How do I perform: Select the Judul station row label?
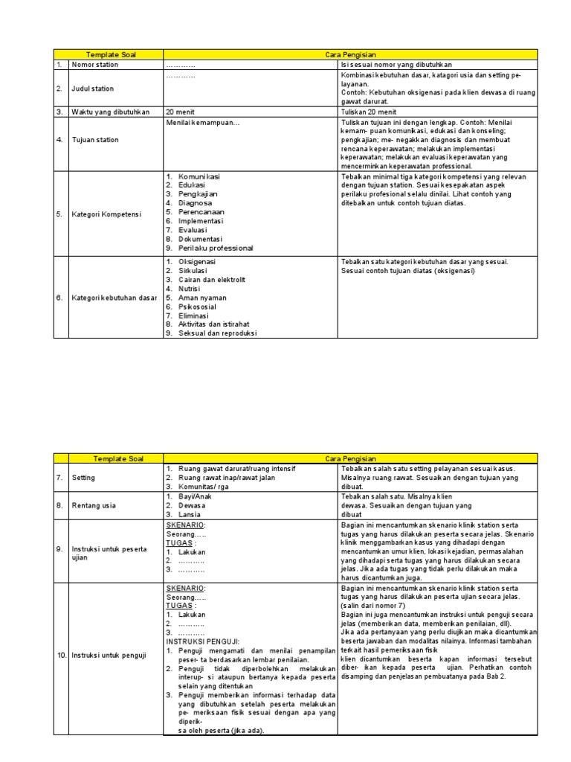(93, 89)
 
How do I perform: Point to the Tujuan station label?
(95, 140)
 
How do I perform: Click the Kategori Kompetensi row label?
(103, 212)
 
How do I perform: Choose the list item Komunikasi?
(199, 176)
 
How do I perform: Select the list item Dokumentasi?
(200, 239)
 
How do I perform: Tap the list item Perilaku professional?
(216, 248)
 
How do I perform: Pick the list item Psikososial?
(197, 307)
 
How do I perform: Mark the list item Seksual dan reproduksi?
(217, 333)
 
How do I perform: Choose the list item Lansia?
(191, 513)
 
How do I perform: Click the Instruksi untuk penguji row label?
(108, 656)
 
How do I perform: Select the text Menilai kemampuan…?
(202, 122)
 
